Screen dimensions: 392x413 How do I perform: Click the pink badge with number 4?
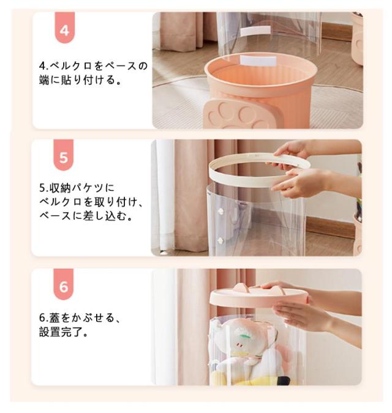(x=64, y=28)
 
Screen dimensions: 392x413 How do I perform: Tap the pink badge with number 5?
(x=64, y=155)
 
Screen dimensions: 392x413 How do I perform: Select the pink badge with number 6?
(x=64, y=284)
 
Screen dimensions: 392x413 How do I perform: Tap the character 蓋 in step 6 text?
(x=55, y=318)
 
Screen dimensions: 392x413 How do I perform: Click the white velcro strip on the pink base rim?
(x=258, y=61)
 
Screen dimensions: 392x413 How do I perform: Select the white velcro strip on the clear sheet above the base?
(x=255, y=31)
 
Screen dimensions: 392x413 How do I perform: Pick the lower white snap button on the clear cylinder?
(x=221, y=240)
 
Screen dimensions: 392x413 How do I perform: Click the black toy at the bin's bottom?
(x=283, y=381)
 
